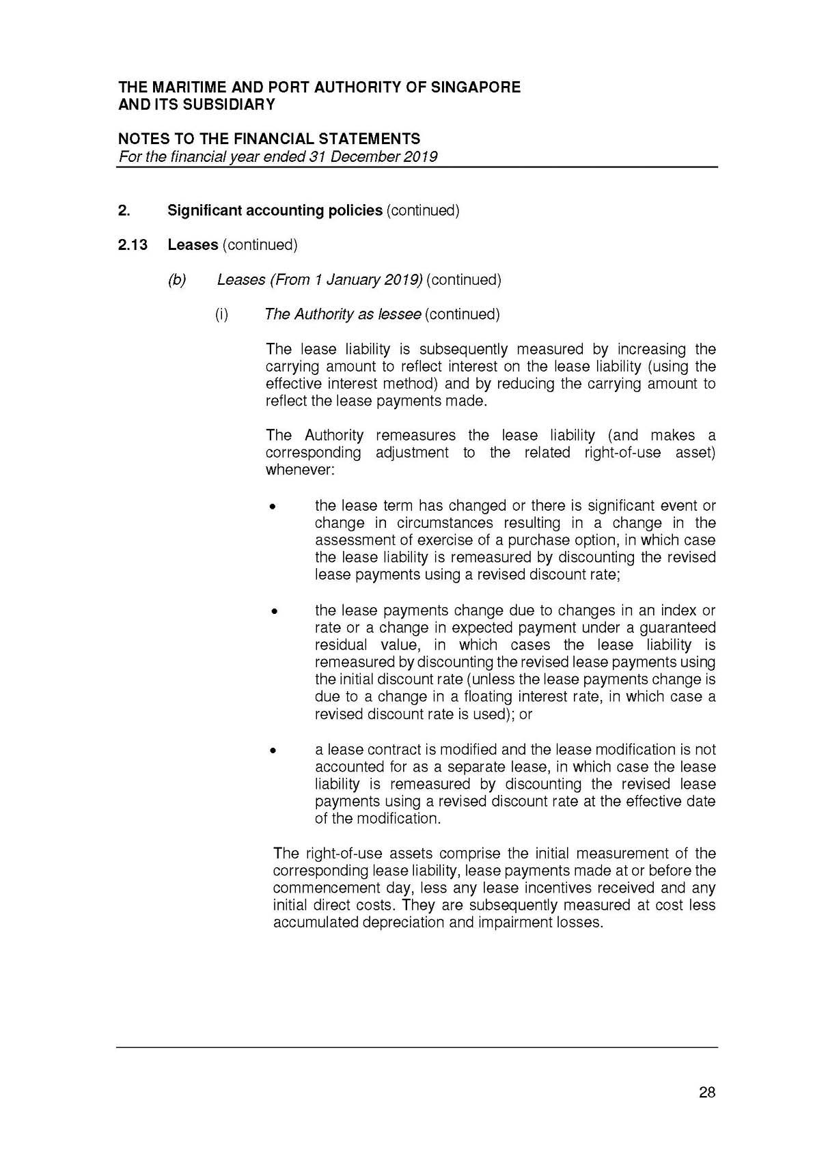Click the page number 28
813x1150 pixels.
[707, 1092]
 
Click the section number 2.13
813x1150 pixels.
[133, 244]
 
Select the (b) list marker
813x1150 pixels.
[177, 279]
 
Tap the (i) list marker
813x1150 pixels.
[221, 314]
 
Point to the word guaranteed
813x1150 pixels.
[678, 628]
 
